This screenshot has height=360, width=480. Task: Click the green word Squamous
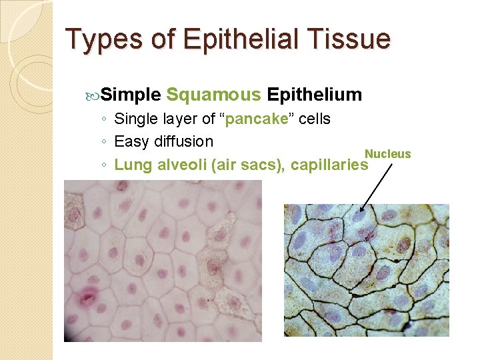point(213,95)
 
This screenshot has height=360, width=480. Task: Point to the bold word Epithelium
point(314,95)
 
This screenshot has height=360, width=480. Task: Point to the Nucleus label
point(387,154)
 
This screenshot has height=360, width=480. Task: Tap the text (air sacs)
point(247,165)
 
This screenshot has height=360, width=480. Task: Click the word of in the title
point(163,39)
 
